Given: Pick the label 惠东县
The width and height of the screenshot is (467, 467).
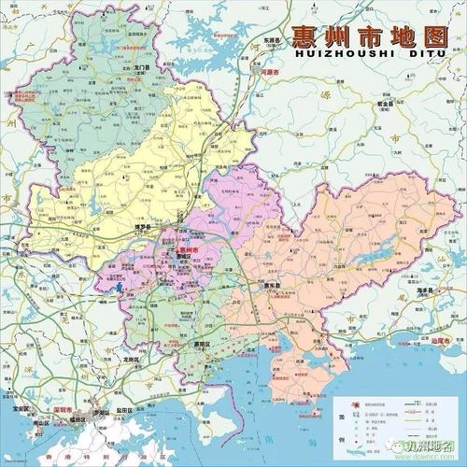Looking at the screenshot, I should pos(272,286).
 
